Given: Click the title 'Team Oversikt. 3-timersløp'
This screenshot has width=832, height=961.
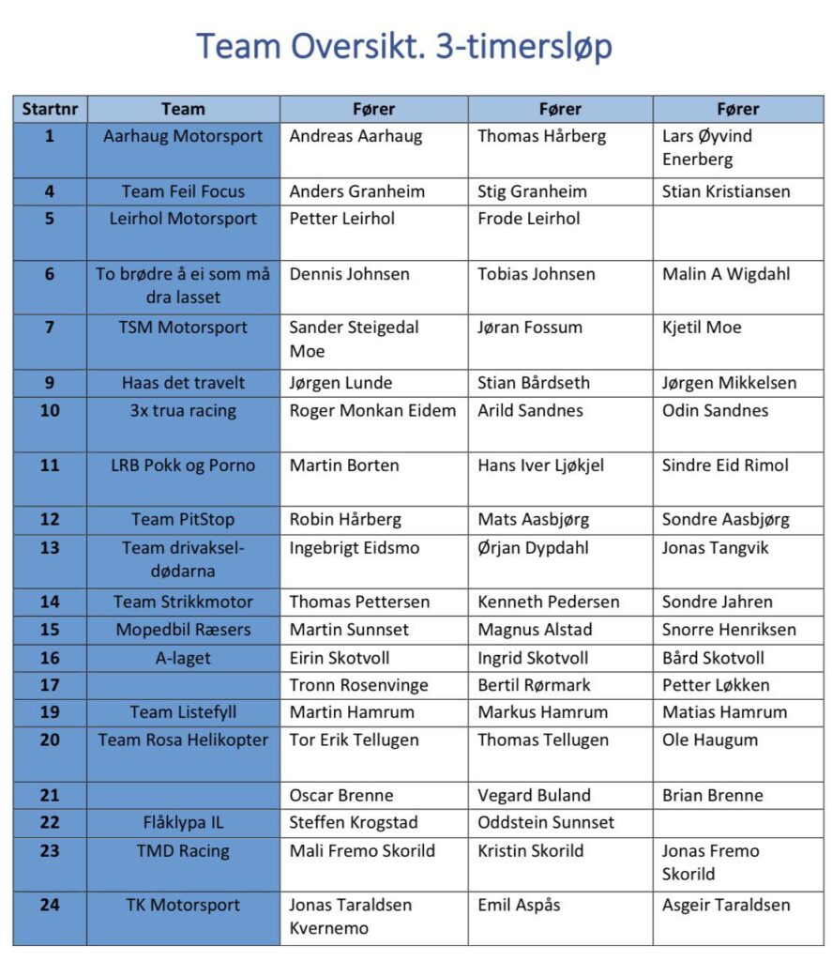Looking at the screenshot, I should (x=404, y=46).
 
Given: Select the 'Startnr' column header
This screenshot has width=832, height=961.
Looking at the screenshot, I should (x=50, y=109).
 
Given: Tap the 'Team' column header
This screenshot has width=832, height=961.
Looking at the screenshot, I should (x=183, y=109).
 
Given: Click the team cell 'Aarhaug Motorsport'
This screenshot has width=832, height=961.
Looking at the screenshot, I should (x=183, y=136).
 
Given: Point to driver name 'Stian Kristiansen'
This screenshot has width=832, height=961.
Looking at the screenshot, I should (x=726, y=191).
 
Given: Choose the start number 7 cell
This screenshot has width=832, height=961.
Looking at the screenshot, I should (x=50, y=328).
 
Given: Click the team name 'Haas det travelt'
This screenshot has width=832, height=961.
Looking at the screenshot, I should (x=183, y=383).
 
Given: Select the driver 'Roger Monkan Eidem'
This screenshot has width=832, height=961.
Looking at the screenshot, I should (x=372, y=410).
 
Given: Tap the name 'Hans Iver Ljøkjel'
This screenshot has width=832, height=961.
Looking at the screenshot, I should (x=540, y=465).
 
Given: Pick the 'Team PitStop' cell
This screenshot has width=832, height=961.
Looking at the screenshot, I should (x=183, y=520).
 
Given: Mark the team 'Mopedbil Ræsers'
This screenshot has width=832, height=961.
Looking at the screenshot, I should (x=183, y=630).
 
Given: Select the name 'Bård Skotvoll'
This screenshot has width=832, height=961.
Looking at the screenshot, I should (x=713, y=658).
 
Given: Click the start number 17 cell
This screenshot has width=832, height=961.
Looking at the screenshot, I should (x=50, y=685).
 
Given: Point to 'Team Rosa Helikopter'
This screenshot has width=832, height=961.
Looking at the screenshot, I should (x=183, y=740).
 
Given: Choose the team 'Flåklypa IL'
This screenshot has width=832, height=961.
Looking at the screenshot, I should (x=183, y=823).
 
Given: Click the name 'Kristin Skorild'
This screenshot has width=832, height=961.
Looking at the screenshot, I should (x=530, y=851).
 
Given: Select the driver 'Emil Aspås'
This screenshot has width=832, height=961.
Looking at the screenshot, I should (x=519, y=906).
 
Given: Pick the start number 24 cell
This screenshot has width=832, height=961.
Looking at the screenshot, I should (x=50, y=906).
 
